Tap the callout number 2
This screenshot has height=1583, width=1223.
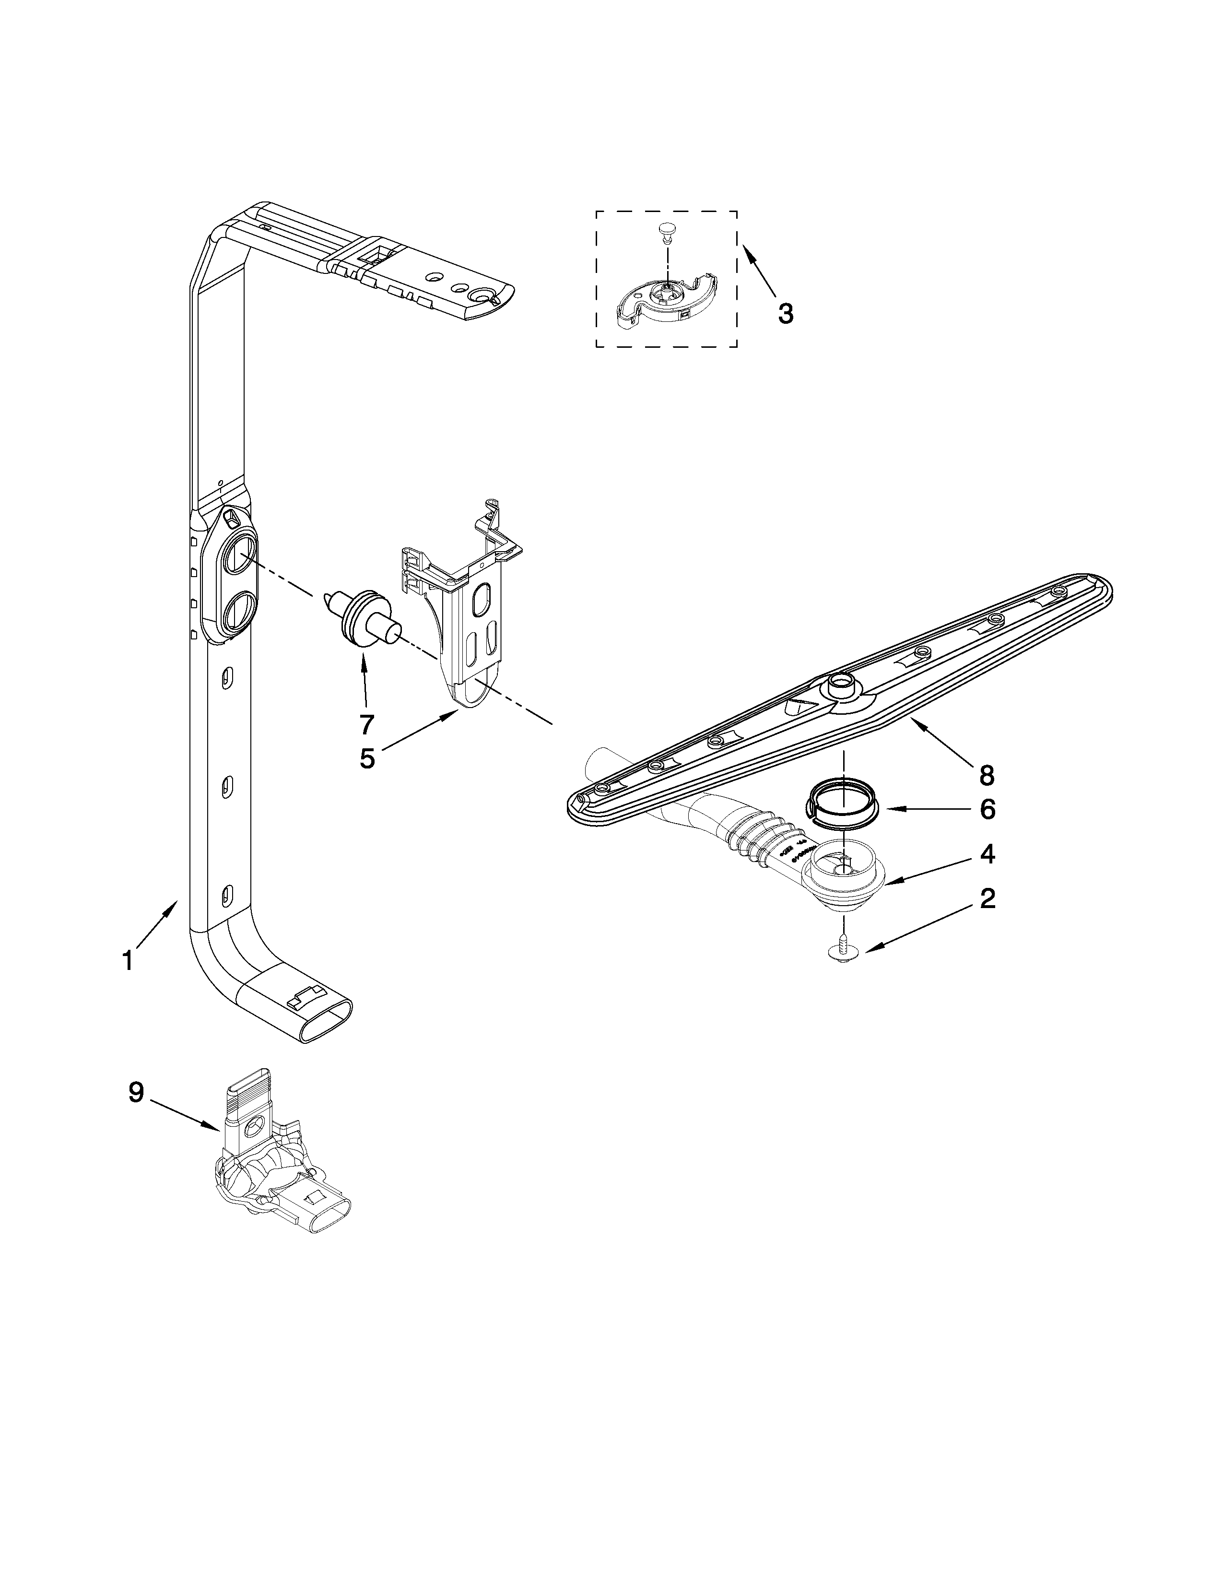[988, 899]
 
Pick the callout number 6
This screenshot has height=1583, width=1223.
[988, 810]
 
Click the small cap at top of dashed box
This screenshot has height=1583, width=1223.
[666, 230]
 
